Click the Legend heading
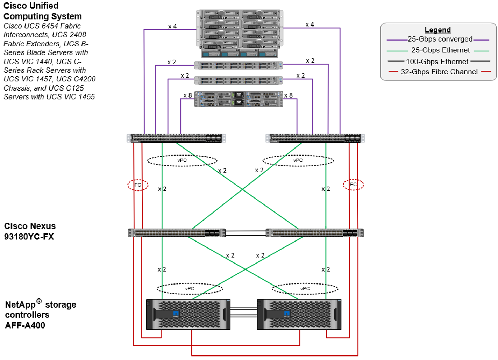tap(437, 30)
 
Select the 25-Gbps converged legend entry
tap(440, 39)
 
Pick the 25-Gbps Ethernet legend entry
tap(440, 50)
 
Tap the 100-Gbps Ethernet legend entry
tap(437, 62)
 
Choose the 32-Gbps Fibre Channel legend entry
tap(439, 72)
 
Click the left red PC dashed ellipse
tap(138, 185)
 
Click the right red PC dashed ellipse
tap(353, 185)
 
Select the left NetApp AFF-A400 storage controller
tap(188, 314)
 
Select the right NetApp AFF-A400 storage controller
tap(299, 314)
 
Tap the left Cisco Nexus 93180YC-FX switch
tap(177, 233)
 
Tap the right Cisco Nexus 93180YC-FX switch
tap(314, 233)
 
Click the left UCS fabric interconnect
tap(177, 138)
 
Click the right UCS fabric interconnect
tap(315, 138)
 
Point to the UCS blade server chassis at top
tap(239, 34)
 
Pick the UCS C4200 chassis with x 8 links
tap(239, 99)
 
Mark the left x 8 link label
tap(187, 95)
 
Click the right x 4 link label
tap(310, 24)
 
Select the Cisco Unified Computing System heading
tap(42, 11)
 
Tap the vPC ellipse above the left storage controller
tap(190, 289)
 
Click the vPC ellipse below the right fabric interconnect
tap(298, 160)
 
